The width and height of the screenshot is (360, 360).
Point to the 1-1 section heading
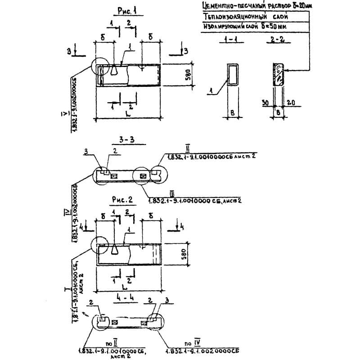(x=232, y=41)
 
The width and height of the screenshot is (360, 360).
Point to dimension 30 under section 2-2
(x=266, y=103)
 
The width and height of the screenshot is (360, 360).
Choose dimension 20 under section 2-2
(x=290, y=103)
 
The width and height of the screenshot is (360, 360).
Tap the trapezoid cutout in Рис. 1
(x=116, y=69)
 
